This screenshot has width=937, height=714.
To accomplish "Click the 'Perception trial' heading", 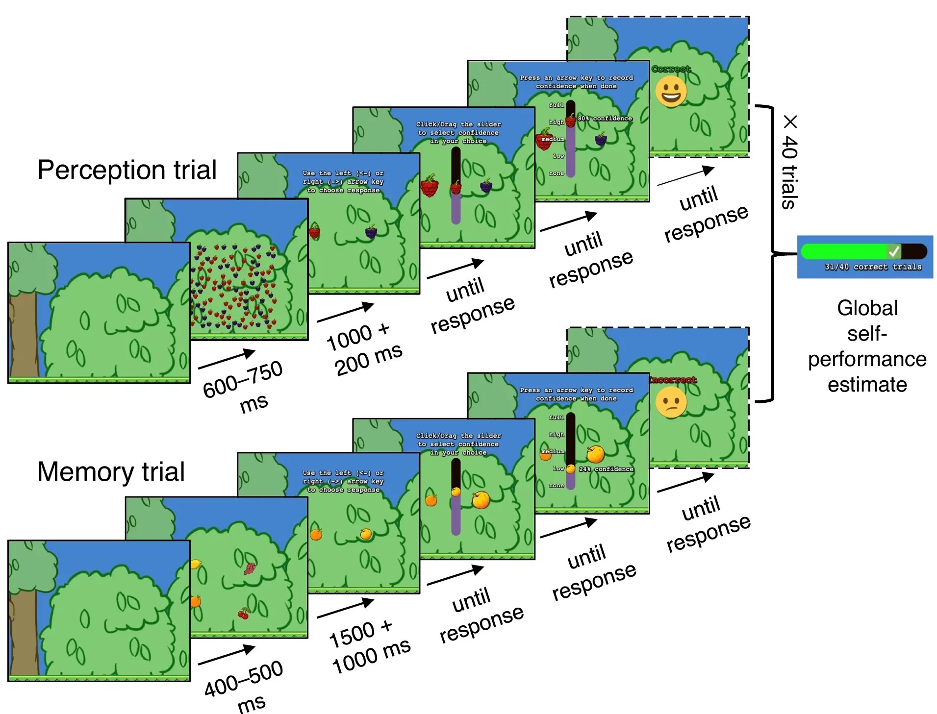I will pos(127,170).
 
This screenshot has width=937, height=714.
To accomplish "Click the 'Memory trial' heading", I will pos(111,471).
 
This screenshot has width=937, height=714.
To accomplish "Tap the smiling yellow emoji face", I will pos(671,92).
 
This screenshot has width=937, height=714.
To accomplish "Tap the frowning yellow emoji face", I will pos(671,402).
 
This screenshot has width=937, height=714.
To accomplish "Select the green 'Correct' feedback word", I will pos(671,69).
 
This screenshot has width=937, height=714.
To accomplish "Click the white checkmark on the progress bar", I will pos(893,251).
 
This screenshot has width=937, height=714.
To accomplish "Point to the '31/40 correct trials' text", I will pos(872,267).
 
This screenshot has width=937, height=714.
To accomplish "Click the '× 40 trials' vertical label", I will pos(789,162).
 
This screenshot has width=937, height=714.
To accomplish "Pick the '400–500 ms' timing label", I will pos(244,686).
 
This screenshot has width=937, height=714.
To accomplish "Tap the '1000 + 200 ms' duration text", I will pos(364,349).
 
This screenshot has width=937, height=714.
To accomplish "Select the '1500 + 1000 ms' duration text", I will pos(369,647).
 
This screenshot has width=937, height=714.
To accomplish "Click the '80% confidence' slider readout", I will pos(605,119).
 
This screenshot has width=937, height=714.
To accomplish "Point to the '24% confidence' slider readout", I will pos(606,469).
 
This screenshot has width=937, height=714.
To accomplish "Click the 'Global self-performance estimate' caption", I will pos(867,346).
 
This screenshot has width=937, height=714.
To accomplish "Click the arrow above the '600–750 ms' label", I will pos(227,359).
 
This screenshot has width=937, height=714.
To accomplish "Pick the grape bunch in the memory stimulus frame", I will pos(250,568).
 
